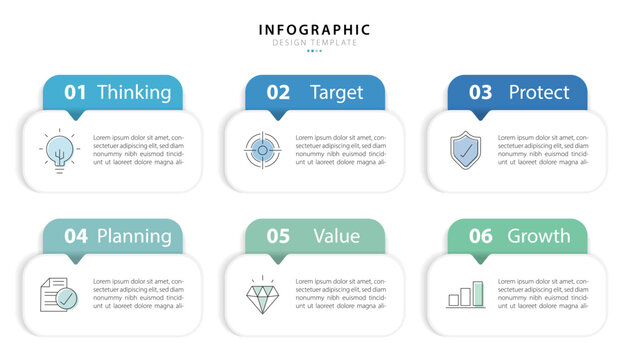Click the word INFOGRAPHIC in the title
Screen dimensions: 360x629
pos(314,29)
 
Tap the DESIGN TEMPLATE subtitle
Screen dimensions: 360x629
pos(314,42)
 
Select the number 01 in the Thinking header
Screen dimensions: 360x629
pos(76,93)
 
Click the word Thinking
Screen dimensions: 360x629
pos(134,93)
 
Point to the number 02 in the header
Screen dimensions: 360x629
pos(278,93)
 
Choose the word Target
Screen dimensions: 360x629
pos(337,93)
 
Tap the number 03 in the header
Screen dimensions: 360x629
pos(480,93)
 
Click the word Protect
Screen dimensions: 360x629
pos(539,93)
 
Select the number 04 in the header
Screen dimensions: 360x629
pos(76,237)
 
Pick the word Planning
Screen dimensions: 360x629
pos(134,237)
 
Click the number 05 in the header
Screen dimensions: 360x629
pos(278,237)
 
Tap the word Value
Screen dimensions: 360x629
pos(336,237)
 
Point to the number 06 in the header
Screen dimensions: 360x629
pos(480,237)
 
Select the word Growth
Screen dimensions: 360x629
pos(539,237)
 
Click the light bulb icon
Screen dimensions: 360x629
pos(59,151)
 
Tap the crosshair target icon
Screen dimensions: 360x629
pos(261,150)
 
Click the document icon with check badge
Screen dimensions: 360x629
pos(58,294)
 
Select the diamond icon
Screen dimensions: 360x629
pos(261,295)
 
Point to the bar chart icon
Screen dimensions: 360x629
pos(466,294)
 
